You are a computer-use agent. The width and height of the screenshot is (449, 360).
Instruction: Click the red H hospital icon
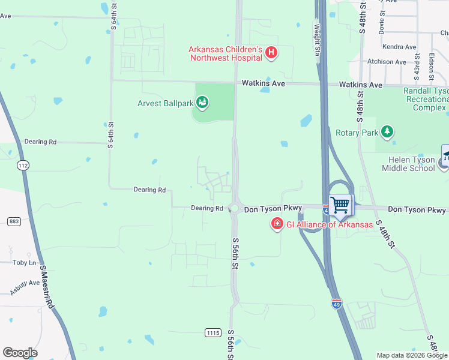point(271,53)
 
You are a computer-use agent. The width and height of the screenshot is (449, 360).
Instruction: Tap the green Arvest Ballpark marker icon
point(202,103)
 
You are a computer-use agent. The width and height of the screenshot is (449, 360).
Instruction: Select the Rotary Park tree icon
point(388,131)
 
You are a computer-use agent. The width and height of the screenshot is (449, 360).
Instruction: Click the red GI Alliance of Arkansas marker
point(277,224)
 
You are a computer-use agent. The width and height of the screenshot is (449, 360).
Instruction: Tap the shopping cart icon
point(340,205)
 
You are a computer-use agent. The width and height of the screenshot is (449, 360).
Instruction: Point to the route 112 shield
point(23,165)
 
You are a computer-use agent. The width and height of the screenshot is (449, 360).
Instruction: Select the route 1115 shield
point(212,332)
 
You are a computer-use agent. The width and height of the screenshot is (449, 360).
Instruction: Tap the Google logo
point(20,353)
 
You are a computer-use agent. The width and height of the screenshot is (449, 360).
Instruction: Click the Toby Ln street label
point(25,262)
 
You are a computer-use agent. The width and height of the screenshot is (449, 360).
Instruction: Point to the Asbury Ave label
point(25,286)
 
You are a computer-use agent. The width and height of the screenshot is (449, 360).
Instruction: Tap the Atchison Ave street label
point(387,61)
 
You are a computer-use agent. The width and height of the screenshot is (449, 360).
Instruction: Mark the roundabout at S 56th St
point(234,209)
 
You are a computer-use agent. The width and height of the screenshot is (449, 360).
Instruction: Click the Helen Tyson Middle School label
point(408,163)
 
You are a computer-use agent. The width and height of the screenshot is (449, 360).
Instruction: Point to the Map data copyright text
point(412,355)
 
